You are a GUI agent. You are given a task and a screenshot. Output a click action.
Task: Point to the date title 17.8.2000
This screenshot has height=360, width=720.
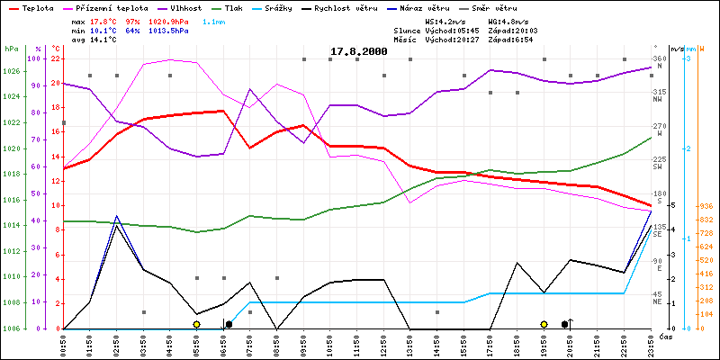pos(358,51)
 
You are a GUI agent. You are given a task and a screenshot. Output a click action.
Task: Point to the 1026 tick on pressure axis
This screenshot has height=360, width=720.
pos(12,71)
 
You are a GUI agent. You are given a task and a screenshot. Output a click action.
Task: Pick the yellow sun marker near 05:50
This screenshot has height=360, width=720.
pos(196,324)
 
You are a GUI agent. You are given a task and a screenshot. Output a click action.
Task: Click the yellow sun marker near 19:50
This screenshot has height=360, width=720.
pos(544,324)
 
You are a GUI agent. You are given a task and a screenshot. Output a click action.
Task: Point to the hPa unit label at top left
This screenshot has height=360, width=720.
pos(12,49)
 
